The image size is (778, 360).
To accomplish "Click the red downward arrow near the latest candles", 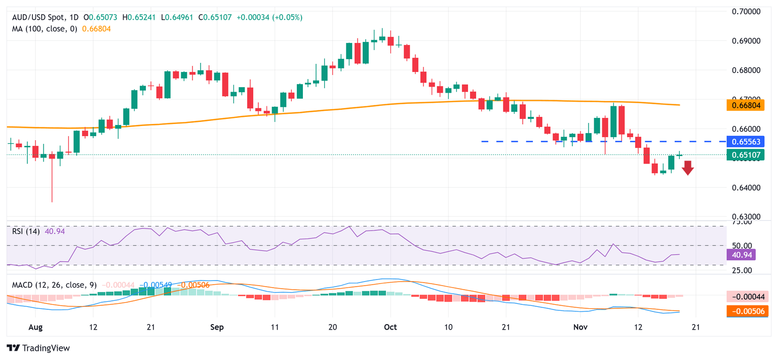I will tap(687, 168).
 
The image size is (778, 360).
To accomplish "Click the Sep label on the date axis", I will tap(216, 327).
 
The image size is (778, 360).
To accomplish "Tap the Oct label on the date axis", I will tap(390, 327).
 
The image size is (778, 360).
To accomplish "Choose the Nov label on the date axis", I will tap(580, 327).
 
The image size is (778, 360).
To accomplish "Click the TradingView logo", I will tap(38, 348).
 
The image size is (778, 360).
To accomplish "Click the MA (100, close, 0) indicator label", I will tap(45, 29).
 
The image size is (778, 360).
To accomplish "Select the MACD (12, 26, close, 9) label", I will tap(54, 285).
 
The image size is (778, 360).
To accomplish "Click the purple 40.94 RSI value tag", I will tap(741, 255).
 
